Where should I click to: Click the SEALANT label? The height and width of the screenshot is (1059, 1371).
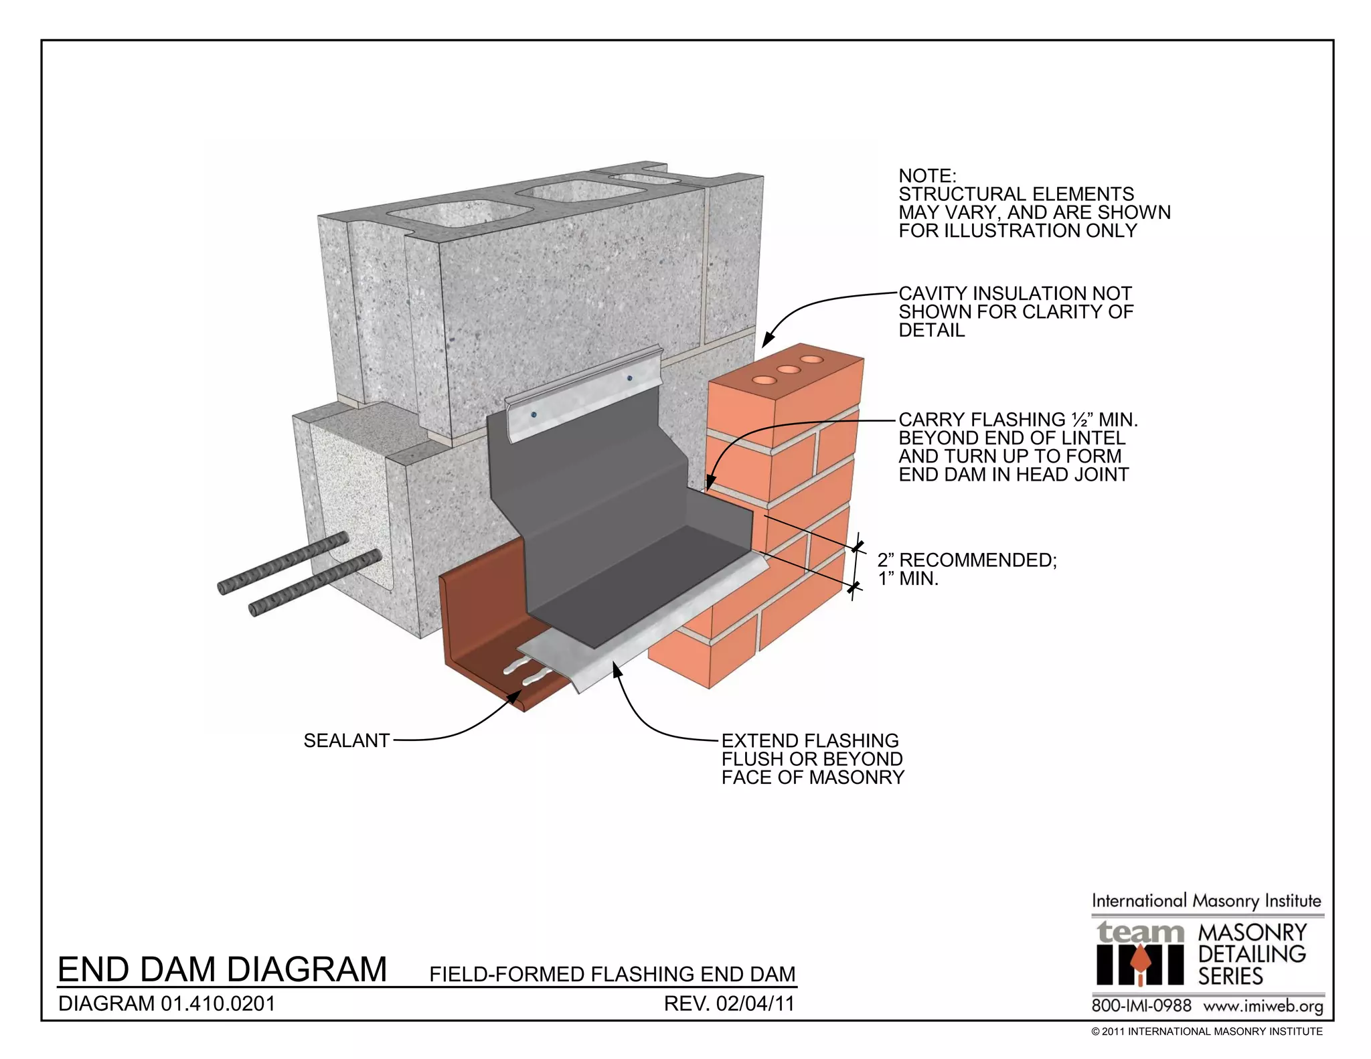click(x=346, y=740)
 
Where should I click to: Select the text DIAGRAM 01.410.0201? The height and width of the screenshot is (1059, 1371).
click(x=167, y=1004)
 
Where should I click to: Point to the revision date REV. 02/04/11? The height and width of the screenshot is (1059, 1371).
click(x=728, y=1004)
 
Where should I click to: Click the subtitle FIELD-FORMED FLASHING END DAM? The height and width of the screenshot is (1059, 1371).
click(x=612, y=974)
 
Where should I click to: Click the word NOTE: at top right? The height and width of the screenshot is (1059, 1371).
click(x=927, y=176)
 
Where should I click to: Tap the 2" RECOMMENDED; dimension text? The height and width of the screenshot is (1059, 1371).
click(x=967, y=560)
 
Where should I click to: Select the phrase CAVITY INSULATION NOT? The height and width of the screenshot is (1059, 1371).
click(x=1014, y=294)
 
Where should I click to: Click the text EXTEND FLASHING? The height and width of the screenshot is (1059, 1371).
click(x=810, y=740)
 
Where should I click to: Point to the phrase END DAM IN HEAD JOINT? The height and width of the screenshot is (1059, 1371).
click(x=1013, y=475)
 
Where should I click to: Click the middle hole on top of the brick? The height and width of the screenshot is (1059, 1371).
click(x=788, y=370)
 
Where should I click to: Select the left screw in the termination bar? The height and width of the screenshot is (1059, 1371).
click(x=534, y=415)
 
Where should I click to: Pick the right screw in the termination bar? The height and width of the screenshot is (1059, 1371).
click(x=629, y=378)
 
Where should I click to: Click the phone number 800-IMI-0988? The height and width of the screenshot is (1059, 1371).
click(x=1141, y=1006)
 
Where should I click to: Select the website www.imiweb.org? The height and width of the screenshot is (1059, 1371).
click(x=1263, y=1006)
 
